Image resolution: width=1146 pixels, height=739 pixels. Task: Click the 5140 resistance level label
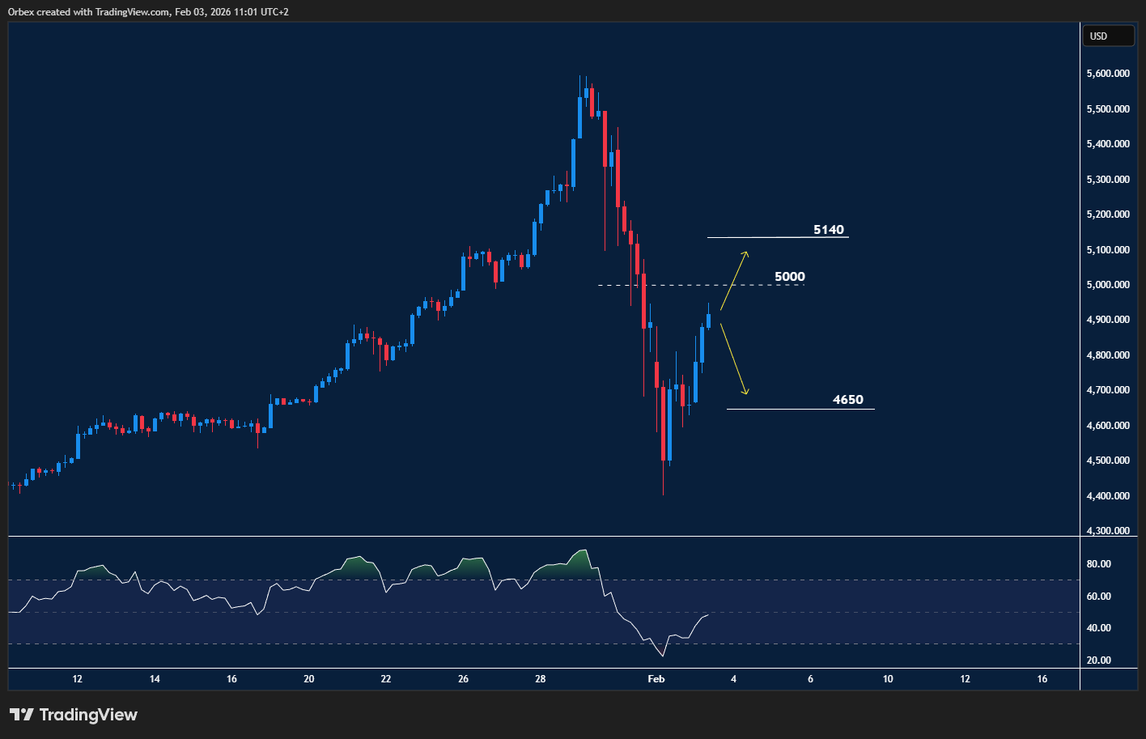tap(828, 230)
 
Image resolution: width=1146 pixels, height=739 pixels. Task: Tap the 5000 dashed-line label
tap(790, 277)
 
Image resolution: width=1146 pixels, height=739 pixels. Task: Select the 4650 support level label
tap(847, 400)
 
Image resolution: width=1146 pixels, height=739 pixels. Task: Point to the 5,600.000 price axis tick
tap(1108, 74)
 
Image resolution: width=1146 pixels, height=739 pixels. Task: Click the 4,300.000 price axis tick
tap(1108, 531)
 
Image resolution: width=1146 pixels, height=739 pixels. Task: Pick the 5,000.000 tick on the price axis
tap(1108, 285)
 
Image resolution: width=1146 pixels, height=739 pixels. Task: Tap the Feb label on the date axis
tap(656, 679)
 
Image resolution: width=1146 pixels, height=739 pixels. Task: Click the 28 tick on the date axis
tap(541, 679)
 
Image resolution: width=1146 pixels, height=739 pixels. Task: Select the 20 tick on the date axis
tap(309, 679)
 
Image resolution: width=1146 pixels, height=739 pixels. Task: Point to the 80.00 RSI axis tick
tap(1098, 564)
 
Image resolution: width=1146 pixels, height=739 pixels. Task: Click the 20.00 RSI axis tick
tap(1098, 660)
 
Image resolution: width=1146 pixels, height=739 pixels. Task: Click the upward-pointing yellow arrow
tap(734, 280)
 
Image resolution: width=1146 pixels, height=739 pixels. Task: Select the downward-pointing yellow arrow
tap(734, 359)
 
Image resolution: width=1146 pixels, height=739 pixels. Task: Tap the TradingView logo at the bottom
tap(74, 715)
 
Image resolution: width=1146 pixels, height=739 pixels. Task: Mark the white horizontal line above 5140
tap(777, 237)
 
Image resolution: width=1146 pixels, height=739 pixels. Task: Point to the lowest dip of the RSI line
tap(664, 656)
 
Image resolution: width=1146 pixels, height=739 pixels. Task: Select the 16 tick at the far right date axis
tap(1042, 679)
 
